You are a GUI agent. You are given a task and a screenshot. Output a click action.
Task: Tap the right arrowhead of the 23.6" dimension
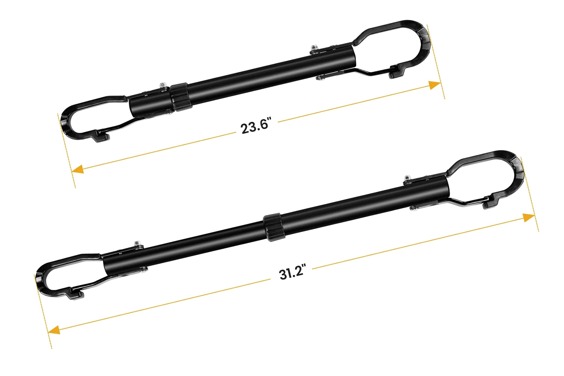pos(435,85)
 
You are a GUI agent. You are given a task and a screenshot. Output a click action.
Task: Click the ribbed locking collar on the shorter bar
pos(180,97)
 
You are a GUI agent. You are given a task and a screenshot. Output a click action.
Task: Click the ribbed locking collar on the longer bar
pos(273,226)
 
